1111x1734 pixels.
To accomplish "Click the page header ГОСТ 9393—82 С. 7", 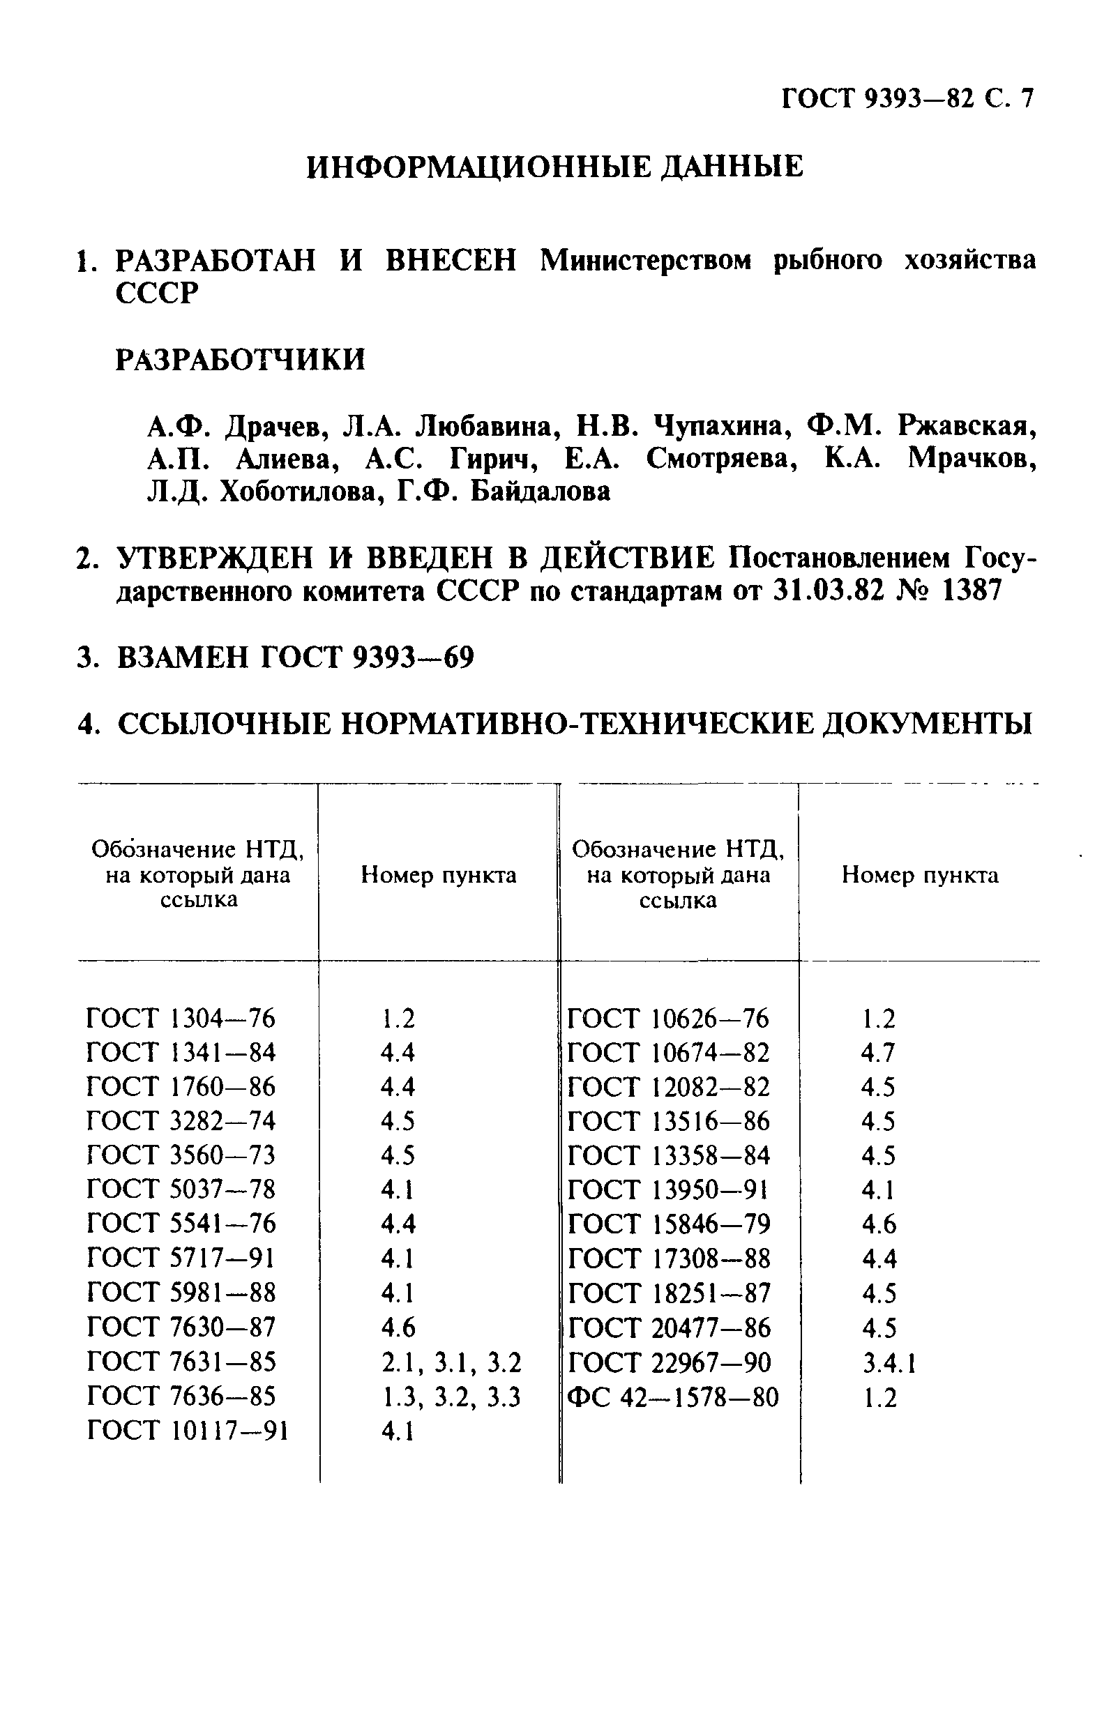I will point(907,98).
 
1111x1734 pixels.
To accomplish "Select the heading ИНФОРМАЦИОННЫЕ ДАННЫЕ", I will point(554,167).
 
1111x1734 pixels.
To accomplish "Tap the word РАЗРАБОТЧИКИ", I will point(240,359).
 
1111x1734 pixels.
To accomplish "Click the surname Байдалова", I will point(541,492).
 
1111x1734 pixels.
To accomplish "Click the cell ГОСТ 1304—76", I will point(181,1018).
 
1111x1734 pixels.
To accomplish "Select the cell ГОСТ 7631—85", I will point(181,1361).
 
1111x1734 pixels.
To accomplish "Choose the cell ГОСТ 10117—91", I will point(188,1431).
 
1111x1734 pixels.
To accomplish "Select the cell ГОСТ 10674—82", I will point(669,1053).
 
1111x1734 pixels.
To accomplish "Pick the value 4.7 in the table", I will point(877,1053).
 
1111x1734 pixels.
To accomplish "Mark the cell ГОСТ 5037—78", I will point(181,1189).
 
